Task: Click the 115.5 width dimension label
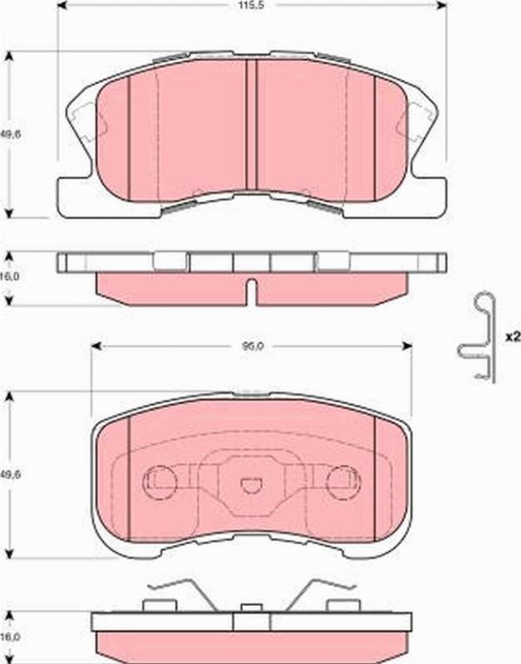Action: tap(253, 7)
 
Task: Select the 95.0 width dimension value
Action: tap(252, 345)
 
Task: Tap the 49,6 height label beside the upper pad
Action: tap(10, 135)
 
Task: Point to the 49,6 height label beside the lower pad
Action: tap(10, 474)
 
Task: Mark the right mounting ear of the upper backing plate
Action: tap(427, 195)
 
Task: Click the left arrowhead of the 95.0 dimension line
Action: tap(96, 345)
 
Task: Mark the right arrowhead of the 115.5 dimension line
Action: tap(441, 7)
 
